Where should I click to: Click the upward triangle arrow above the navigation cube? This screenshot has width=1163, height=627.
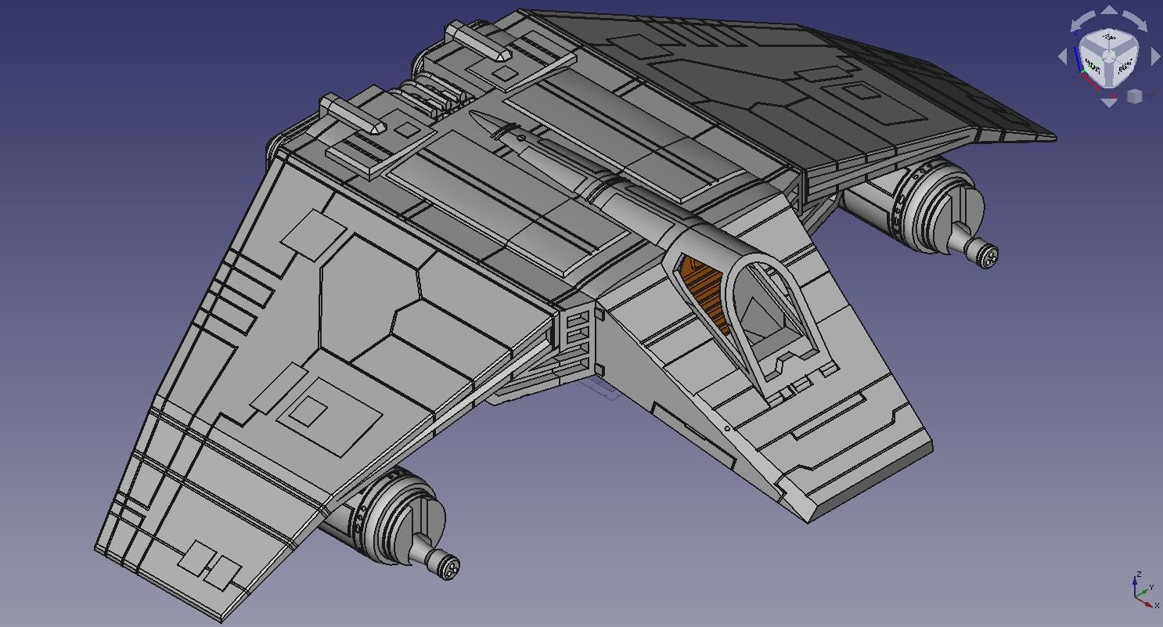1110,10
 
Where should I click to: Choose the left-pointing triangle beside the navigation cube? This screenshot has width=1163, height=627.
1063,56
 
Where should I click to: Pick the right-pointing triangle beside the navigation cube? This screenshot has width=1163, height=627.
1156,56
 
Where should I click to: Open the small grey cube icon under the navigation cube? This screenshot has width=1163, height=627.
1134,96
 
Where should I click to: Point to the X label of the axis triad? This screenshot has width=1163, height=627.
1157,605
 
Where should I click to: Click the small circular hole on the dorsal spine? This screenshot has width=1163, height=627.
522,138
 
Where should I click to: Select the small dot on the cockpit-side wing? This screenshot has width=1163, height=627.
727,428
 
